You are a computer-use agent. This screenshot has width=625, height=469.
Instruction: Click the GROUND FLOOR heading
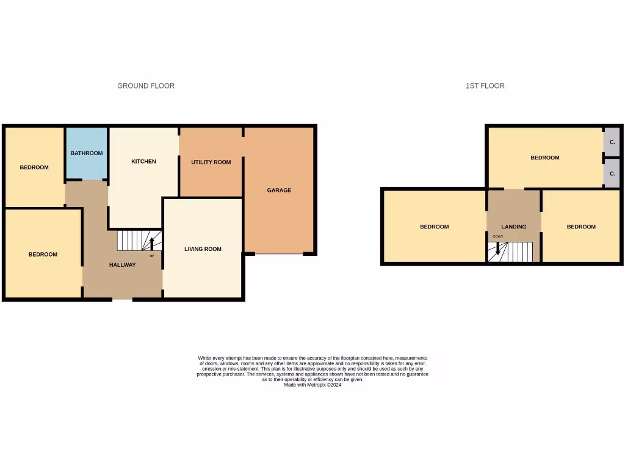click(x=146, y=86)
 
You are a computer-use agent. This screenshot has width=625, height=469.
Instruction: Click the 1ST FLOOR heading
click(x=485, y=86)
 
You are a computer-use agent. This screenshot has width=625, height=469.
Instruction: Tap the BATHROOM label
click(x=86, y=153)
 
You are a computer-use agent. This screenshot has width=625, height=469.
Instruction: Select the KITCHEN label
click(x=143, y=162)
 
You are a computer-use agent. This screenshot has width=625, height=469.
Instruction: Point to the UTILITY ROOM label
click(x=211, y=162)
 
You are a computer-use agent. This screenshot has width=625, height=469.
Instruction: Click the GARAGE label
click(x=279, y=191)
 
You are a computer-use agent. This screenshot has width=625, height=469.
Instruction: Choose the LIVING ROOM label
click(x=203, y=249)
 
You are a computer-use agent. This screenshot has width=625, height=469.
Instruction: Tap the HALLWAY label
click(x=122, y=265)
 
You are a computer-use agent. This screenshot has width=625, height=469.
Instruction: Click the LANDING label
click(x=513, y=227)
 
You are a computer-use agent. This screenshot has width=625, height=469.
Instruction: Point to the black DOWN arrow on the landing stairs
click(x=497, y=248)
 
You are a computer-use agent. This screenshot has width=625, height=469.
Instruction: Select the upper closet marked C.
click(x=612, y=142)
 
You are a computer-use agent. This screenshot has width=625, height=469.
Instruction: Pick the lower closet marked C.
click(x=612, y=175)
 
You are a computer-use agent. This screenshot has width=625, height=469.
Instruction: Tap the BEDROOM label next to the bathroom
click(x=34, y=167)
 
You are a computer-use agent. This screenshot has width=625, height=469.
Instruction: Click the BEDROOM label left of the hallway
click(x=43, y=255)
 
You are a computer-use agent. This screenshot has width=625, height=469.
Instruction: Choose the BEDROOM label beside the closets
click(x=544, y=158)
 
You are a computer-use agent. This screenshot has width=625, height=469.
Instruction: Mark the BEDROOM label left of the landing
click(x=434, y=227)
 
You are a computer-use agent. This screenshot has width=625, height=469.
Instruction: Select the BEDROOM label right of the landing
click(x=580, y=227)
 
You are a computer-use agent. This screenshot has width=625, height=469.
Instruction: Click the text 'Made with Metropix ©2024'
click(x=312, y=385)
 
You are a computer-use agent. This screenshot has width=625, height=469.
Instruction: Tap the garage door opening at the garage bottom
click(x=279, y=253)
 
